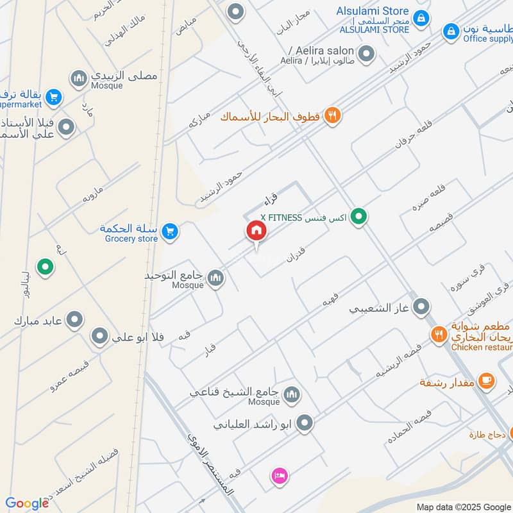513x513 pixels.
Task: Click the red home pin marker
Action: [x=256, y=231]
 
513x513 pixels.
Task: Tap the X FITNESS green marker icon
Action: [x=360, y=217]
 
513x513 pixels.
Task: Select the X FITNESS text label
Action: [x=303, y=217]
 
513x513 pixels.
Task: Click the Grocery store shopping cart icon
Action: [x=169, y=231]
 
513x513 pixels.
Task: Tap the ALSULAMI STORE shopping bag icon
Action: [x=421, y=18]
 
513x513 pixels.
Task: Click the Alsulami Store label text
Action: [x=373, y=11]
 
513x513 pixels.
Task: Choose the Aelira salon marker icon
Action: [x=366, y=54]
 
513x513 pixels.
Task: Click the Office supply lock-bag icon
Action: [x=451, y=30]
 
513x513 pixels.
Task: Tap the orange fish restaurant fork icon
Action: [x=332, y=116]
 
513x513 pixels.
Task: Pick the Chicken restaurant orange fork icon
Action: [x=439, y=333]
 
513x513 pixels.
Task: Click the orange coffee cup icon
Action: [x=486, y=381]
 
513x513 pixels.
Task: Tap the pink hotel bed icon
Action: [x=280, y=475]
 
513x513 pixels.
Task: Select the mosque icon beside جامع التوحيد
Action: [x=216, y=278]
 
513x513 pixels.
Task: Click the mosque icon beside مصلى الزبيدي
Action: [x=79, y=78]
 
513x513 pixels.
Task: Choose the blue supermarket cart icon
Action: [x=54, y=97]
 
